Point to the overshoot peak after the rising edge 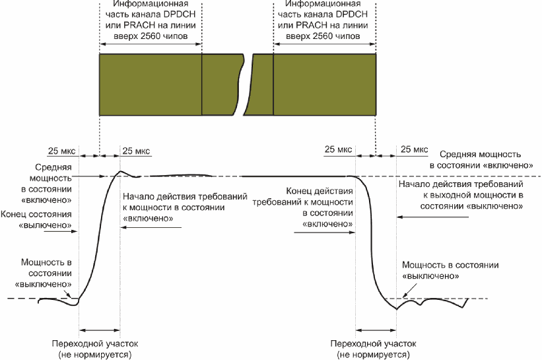coord(120,172)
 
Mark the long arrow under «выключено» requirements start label coord(432,217)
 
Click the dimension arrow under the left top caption coord(151,45)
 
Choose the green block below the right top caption coord(324,84)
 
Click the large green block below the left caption coord(151,84)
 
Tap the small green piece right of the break coord(263,84)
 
